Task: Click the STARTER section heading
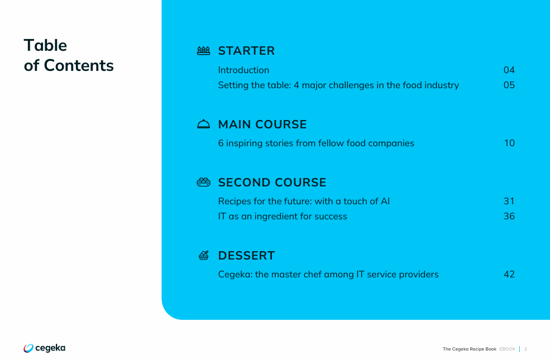point(246,51)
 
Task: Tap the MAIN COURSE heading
point(262,124)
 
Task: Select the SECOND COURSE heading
point(272,183)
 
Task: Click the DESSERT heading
point(246,256)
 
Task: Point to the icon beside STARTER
point(203,51)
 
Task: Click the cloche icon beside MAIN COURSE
point(203,124)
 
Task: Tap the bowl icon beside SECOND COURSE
point(203,183)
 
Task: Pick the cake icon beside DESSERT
point(204,255)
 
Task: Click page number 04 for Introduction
point(509,70)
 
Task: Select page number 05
point(509,85)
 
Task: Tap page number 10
point(509,143)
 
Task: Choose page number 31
point(509,201)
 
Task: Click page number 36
point(509,217)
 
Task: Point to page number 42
point(509,274)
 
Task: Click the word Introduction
point(243,70)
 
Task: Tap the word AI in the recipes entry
point(385,201)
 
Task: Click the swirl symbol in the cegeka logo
point(28,348)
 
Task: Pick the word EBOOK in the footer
point(507,349)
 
